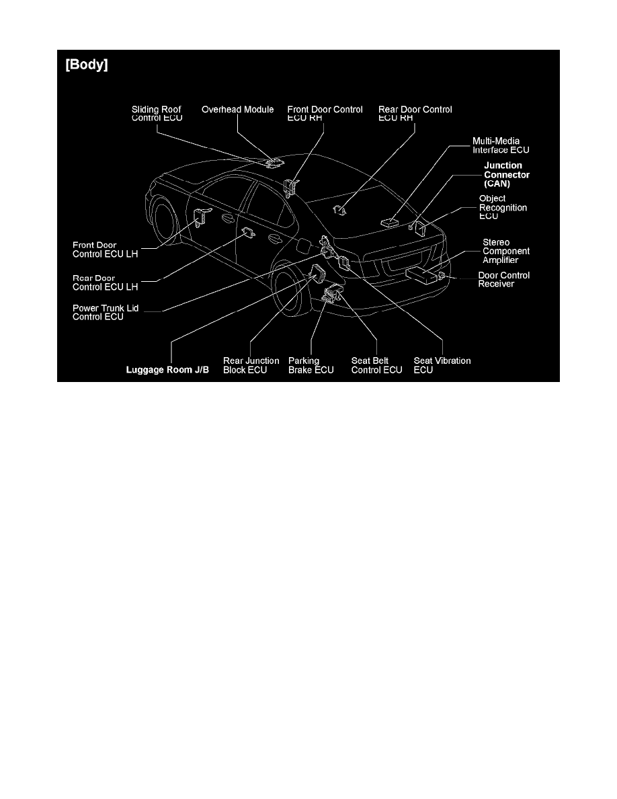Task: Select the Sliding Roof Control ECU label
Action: click(x=157, y=114)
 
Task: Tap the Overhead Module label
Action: click(x=238, y=110)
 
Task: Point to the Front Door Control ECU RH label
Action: click(x=325, y=114)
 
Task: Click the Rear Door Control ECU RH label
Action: click(x=415, y=114)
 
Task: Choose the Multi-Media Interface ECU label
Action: click(x=501, y=146)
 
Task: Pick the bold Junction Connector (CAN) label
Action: click(x=507, y=174)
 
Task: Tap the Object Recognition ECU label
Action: click(x=503, y=208)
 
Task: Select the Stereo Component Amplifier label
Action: click(x=506, y=251)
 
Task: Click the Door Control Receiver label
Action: click(x=503, y=280)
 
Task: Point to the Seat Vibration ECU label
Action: click(x=442, y=365)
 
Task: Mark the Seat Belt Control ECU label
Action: click(x=376, y=365)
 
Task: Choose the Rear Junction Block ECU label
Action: click(x=251, y=365)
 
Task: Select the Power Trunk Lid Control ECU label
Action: click(x=105, y=312)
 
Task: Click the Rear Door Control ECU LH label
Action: click(x=105, y=282)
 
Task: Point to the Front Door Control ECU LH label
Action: click(x=105, y=250)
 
